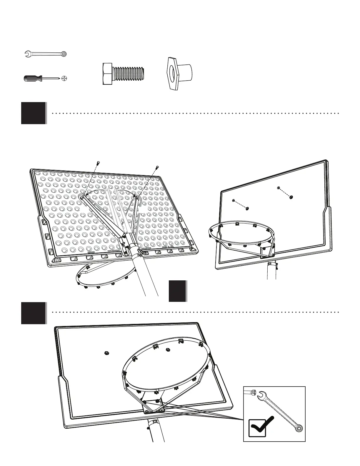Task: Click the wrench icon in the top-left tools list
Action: coord(46,54)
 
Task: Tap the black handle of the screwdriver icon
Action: coord(32,79)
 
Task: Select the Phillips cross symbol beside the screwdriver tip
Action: coord(65,79)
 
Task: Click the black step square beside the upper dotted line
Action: coord(34,113)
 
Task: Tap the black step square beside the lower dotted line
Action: coord(34,313)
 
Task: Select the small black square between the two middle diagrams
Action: coord(177,291)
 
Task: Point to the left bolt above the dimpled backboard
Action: coord(98,163)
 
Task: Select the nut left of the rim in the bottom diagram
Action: coord(106,353)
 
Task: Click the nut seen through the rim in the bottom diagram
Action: coord(168,350)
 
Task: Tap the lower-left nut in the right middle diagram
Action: coord(247,209)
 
